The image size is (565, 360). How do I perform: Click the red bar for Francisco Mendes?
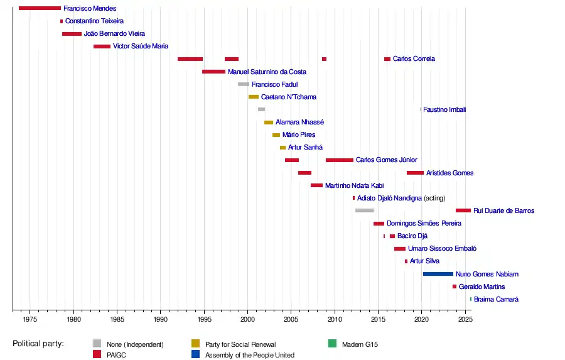40,8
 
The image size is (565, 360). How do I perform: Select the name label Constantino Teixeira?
94,21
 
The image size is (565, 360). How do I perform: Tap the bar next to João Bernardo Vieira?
72,34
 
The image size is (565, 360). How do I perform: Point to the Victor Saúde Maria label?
141,46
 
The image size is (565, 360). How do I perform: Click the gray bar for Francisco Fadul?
244,84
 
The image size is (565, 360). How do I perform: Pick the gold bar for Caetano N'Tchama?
254,97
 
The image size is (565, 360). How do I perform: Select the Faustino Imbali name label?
444,110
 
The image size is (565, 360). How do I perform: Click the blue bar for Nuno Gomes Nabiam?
438,274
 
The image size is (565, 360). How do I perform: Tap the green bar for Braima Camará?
471,299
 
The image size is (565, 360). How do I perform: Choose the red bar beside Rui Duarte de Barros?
463,210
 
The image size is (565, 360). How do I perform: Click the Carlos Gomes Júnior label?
386,160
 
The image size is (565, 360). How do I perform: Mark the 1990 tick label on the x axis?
161,320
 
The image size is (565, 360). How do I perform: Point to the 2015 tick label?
378,320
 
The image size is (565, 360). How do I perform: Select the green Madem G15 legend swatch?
332,344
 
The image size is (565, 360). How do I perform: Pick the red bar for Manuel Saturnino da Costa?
213,72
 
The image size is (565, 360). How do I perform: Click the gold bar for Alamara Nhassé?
269,123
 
